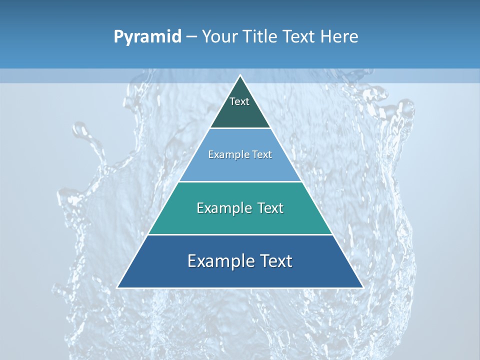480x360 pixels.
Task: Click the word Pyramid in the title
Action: point(147,37)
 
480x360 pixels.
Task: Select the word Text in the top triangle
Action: point(239,101)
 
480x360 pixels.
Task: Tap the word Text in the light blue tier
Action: point(262,154)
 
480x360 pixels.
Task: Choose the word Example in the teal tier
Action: point(222,208)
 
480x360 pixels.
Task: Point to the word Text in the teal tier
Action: point(270,208)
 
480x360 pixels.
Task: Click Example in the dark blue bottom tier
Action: point(219,261)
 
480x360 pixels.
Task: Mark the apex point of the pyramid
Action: point(240,75)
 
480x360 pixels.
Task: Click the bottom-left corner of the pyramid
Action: point(117,287)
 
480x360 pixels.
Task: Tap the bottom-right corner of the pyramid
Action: point(362,287)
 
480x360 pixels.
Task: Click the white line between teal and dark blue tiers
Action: point(240,234)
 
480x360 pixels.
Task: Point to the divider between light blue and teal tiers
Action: point(240,181)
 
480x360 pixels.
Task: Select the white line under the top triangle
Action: point(240,128)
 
